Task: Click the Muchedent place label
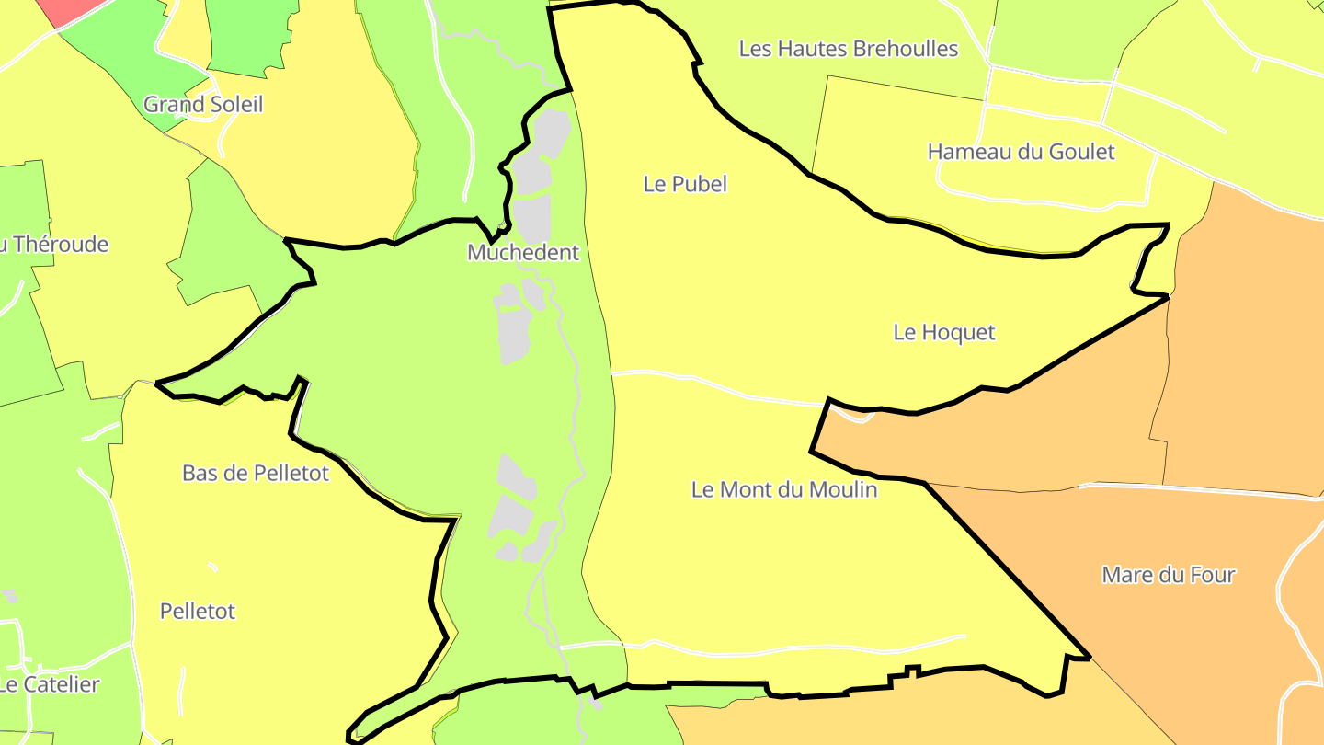click(x=523, y=252)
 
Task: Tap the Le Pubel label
click(x=685, y=184)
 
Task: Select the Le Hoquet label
click(x=943, y=332)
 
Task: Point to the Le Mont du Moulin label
click(x=783, y=489)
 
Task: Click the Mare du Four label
click(x=1168, y=575)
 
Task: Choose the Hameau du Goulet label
click(x=1021, y=152)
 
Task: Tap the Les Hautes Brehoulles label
click(x=848, y=49)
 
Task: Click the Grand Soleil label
click(x=203, y=104)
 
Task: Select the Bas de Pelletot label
click(x=255, y=474)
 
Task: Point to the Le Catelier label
click(x=50, y=685)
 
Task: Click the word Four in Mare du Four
click(x=1212, y=575)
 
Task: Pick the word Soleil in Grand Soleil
click(x=235, y=104)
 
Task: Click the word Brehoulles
click(x=906, y=49)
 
